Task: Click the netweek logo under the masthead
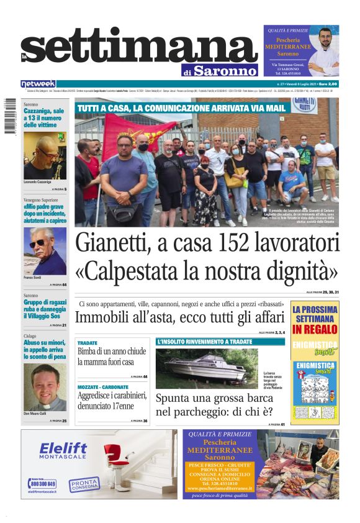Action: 38,83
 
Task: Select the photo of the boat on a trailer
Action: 207,368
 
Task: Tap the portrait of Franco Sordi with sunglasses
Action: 45,251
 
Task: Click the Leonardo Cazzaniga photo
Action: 45,158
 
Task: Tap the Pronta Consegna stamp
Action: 84,484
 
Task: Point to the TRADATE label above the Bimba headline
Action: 88,343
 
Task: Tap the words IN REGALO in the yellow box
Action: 315,329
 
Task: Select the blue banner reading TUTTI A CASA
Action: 181,109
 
